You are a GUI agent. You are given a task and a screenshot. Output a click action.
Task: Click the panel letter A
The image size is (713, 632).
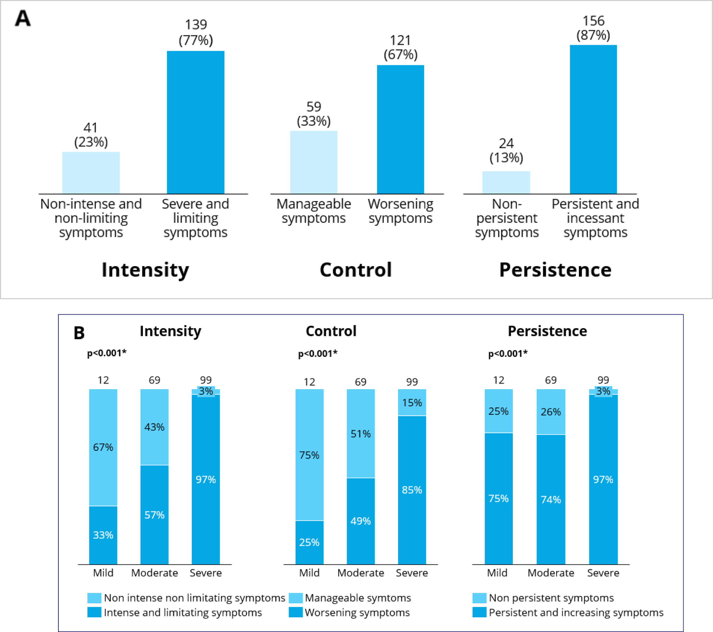23,18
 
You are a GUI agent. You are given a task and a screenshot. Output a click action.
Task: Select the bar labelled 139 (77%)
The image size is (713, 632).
195,122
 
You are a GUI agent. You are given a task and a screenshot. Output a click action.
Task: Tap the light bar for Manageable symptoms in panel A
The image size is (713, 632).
314,162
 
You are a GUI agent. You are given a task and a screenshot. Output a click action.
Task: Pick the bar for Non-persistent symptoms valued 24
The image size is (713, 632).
506,182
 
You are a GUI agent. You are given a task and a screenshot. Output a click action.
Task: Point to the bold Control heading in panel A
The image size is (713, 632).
356,270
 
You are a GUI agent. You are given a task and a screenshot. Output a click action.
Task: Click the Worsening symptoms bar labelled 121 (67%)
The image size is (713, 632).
400,129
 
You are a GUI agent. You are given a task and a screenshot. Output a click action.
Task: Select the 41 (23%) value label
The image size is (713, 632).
91,135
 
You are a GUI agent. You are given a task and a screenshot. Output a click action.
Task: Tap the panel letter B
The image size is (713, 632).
79,333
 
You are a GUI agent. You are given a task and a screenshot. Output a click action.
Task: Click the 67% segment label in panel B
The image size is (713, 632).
103,447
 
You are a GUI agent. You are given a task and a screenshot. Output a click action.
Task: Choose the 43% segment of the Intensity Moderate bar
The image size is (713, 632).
154,427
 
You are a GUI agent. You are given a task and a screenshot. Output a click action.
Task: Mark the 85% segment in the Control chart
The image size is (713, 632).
412,490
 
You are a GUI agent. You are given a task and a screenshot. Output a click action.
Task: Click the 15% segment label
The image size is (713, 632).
412,403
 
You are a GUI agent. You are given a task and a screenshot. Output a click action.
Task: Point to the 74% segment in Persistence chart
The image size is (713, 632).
551,499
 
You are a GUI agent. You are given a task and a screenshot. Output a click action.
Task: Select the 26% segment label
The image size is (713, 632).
551,412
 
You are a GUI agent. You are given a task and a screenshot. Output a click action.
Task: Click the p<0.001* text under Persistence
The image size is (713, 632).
507,354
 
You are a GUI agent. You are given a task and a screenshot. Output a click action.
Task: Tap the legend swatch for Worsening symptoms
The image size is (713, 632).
295,612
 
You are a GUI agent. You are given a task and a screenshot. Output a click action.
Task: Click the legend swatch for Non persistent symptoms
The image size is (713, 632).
479,598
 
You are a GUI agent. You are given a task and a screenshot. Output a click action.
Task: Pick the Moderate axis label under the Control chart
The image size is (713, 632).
361,573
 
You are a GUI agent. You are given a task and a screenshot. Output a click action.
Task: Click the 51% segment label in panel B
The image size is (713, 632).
361,434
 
